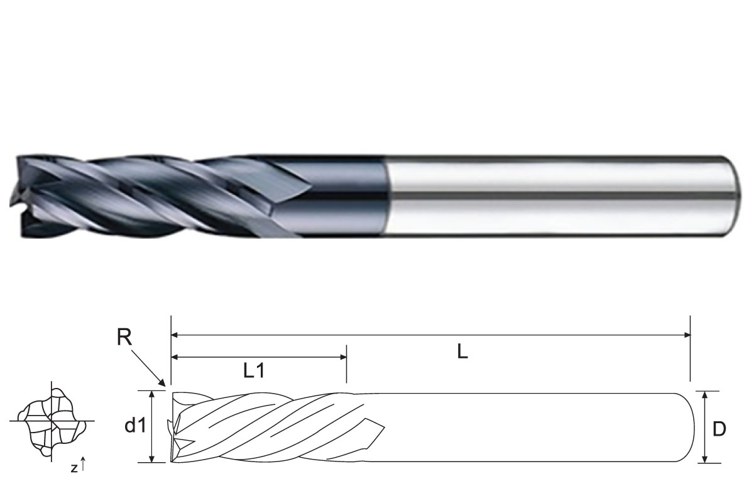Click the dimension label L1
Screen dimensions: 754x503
coord(254,371)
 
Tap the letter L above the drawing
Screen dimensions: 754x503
coord(462,352)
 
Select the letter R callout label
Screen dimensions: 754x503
coord(124,338)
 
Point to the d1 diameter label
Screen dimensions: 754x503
coord(135,426)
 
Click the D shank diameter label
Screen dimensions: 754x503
coord(719,429)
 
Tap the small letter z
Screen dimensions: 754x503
coord(74,468)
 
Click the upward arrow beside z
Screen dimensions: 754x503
coord(83,464)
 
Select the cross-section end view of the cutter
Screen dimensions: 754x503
coord(51,421)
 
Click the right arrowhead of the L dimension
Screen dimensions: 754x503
coord(687,335)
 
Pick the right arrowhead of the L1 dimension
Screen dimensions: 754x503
coord(342,357)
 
